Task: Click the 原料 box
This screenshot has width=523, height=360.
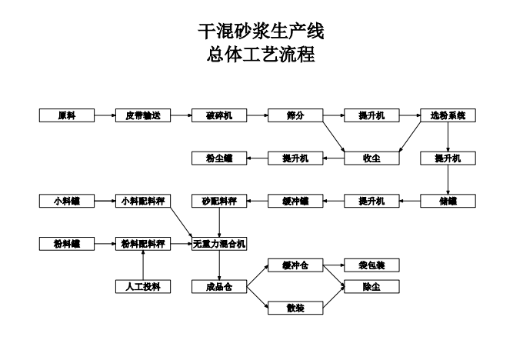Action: (x=67, y=115)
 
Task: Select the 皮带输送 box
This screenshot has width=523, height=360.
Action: (x=143, y=115)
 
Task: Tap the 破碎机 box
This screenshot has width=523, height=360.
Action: (x=219, y=115)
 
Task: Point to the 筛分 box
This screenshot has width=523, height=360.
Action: (x=295, y=115)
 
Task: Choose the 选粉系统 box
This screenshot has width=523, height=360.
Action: (x=448, y=115)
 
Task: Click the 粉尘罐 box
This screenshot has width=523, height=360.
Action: (x=219, y=158)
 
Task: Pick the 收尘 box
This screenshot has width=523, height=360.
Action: (x=372, y=158)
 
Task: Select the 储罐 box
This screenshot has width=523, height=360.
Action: (x=448, y=201)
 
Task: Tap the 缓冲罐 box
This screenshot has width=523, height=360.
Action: (x=295, y=201)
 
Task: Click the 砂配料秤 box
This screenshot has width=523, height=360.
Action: (x=219, y=201)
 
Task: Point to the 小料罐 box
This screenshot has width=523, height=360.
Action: (x=67, y=201)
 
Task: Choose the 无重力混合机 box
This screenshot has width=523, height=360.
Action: (x=219, y=244)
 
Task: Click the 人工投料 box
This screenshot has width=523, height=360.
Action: (x=143, y=286)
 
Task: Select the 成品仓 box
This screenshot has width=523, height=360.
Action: (x=219, y=286)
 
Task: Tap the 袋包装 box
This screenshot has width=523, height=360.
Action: (x=372, y=265)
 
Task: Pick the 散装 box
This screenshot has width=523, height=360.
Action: (x=295, y=308)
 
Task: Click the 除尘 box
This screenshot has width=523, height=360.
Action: (x=372, y=286)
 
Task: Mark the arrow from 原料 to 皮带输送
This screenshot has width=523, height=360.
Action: (x=105, y=115)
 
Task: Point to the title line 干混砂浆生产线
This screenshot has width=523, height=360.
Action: (x=261, y=32)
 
